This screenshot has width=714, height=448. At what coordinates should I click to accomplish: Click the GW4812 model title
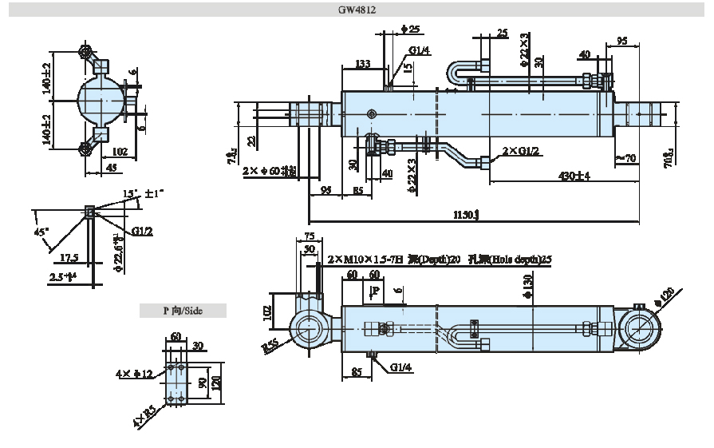pyautogui.click(x=357, y=10)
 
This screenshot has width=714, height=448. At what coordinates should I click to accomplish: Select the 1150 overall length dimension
pyautogui.click(x=466, y=214)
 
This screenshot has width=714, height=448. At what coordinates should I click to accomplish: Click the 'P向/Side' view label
pyautogui.click(x=183, y=311)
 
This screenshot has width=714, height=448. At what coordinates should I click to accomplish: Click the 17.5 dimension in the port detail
pyautogui.click(x=69, y=257)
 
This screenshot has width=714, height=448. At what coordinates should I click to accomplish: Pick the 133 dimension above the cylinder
pyautogui.click(x=363, y=64)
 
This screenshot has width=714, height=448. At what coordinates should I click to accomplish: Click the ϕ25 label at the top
pyautogui.click(x=410, y=30)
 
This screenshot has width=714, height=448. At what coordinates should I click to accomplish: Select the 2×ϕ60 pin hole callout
pyautogui.click(x=270, y=170)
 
